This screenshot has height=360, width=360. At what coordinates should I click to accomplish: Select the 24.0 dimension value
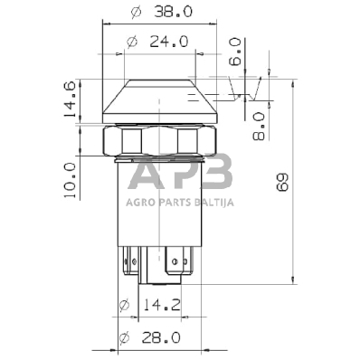click(x=168, y=41)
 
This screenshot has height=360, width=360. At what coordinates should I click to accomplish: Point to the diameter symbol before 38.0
click(x=136, y=14)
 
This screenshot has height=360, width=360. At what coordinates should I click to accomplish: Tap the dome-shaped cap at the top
click(x=161, y=99)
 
